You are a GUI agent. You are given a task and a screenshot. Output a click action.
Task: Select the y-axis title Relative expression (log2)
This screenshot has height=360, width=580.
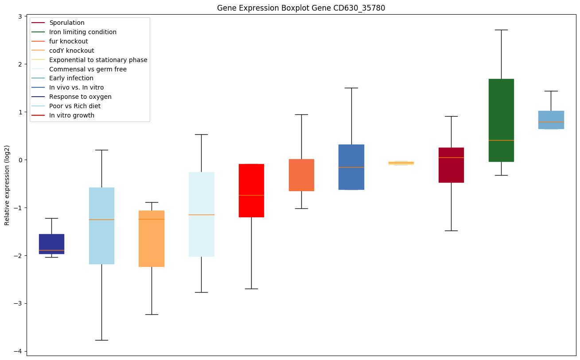coord(7,185)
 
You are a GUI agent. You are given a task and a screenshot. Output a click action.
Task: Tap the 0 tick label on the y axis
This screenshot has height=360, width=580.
coord(20,160)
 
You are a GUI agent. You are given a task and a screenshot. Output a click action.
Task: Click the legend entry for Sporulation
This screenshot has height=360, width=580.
coord(67,23)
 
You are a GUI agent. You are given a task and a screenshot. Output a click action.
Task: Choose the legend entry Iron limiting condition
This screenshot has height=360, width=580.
coord(83,32)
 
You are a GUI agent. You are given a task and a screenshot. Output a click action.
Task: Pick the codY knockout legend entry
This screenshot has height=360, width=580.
coord(72,51)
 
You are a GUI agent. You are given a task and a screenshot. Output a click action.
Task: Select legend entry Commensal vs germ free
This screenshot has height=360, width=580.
coord(88,69)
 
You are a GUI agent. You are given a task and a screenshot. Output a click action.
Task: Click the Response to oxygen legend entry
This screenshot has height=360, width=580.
coord(80,97)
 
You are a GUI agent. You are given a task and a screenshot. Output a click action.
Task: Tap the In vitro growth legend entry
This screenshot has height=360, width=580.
coord(72,115)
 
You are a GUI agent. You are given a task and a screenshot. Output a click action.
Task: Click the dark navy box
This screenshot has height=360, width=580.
coord(51,243)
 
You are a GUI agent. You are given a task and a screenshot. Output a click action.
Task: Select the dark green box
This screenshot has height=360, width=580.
coord(501,120)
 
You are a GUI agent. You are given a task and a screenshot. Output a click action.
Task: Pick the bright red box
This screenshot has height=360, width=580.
coord(251,190)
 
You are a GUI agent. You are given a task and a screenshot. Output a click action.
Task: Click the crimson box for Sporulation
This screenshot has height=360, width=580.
coord(451,165)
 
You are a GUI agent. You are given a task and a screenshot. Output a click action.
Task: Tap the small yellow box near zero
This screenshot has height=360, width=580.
coord(401,163)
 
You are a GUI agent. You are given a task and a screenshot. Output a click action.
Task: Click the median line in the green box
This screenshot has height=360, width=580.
coord(501,140)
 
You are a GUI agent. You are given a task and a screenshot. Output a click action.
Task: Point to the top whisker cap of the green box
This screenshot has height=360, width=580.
coord(501,30)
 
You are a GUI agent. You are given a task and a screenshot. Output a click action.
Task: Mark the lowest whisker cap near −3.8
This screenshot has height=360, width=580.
coord(101,340)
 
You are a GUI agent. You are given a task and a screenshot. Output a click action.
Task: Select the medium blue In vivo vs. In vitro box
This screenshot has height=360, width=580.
coord(351,167)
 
